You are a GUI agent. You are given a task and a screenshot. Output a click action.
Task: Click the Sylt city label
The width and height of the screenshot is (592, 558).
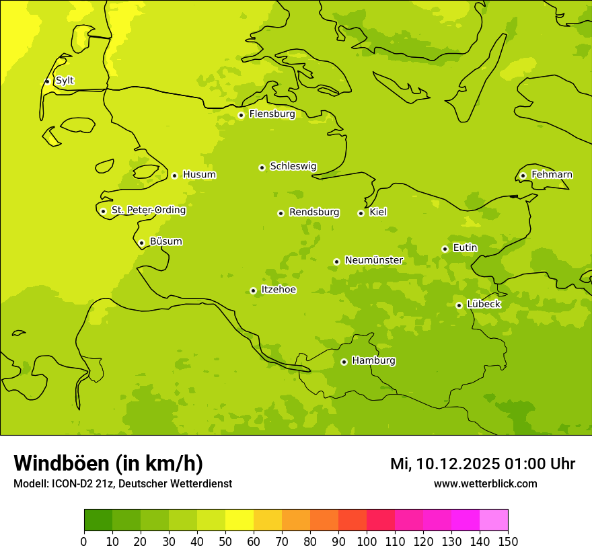[x=65, y=81]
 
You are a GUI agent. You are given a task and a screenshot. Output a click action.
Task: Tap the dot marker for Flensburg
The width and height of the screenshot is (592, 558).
[x=241, y=115]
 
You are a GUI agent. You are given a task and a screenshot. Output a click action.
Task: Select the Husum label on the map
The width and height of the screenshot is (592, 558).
[x=199, y=175]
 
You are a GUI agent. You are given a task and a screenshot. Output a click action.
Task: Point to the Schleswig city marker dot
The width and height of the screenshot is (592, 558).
[x=262, y=167]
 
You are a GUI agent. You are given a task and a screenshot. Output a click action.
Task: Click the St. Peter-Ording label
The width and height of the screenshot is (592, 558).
[x=149, y=210]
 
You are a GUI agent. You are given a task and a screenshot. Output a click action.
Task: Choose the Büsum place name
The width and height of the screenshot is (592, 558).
[x=166, y=241]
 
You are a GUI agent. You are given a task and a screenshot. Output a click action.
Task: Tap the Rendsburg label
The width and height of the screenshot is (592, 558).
[x=314, y=212]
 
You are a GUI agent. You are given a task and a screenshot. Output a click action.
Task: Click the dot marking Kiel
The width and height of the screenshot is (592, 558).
[x=361, y=213]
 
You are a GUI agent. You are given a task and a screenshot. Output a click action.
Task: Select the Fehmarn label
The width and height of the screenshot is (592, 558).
[x=552, y=175]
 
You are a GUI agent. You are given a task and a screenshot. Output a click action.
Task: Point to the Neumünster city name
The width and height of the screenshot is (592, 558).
[x=374, y=260]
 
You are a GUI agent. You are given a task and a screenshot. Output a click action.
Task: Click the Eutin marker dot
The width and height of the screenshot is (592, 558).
[x=445, y=249]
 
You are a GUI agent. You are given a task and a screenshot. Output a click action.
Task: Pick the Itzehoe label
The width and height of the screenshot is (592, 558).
[x=279, y=290]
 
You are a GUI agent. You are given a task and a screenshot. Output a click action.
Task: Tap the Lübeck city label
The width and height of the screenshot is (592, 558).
[x=484, y=304]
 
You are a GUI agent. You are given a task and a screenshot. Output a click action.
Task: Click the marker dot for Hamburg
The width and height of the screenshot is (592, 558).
[x=344, y=362]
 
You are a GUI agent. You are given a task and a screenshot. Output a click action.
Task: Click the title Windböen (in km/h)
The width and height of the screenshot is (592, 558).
[x=108, y=463]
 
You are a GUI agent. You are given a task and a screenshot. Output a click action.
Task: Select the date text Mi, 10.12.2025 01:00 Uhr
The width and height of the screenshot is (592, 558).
[x=482, y=464]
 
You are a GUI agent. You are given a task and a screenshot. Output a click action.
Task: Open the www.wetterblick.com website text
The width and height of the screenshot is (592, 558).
[x=485, y=483]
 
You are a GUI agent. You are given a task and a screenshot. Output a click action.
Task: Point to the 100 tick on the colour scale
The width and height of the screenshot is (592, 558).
[x=367, y=541]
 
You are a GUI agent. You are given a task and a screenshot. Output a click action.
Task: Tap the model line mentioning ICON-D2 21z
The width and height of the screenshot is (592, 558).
[x=122, y=483]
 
